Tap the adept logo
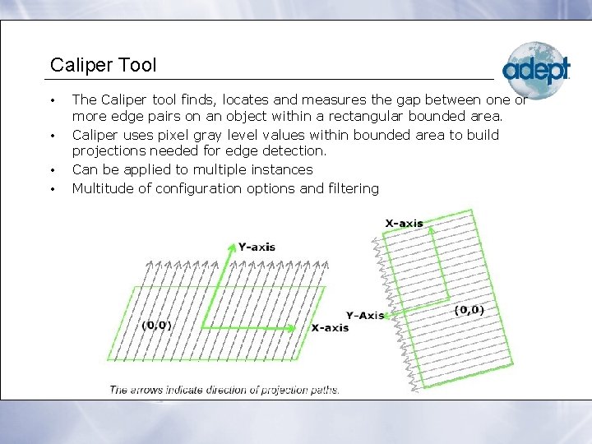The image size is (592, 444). (535, 71)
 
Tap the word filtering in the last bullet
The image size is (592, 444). (351, 188)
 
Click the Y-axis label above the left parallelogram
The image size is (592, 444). (257, 247)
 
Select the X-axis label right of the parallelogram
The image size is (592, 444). (330, 327)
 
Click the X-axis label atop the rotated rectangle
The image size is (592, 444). (404, 223)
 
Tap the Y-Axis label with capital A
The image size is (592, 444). (365, 315)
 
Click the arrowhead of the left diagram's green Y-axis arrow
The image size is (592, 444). (230, 245)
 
